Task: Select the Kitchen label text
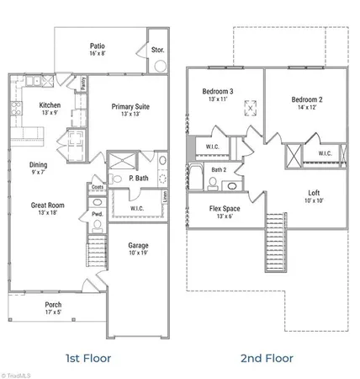pyautogui.click(x=50, y=105)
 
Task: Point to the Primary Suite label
pyautogui.click(x=133, y=106)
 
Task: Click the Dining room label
pyautogui.click(x=39, y=165)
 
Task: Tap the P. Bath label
pyautogui.click(x=138, y=179)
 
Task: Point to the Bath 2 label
pyautogui.click(x=220, y=170)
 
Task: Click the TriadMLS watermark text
pyautogui.click(x=18, y=372)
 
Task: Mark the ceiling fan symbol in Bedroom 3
pyautogui.click(x=248, y=106)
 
